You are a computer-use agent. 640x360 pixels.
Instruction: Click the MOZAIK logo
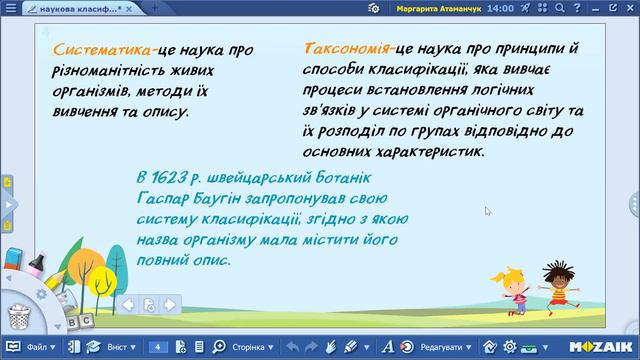(x=604, y=347)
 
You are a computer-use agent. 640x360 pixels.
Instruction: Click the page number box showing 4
(x=157, y=347)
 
